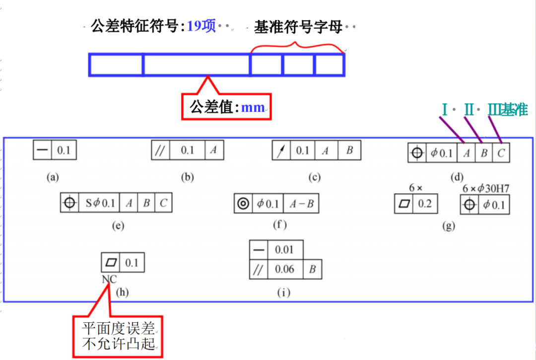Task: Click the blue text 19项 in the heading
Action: tap(201, 26)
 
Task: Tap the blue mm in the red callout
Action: tap(253, 107)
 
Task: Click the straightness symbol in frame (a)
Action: tap(42, 150)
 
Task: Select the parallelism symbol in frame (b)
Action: tap(160, 150)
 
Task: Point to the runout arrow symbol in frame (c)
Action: tap(281, 150)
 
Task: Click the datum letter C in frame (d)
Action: tap(501, 153)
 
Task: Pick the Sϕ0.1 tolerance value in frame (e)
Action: tap(100, 203)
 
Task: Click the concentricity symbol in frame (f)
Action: tap(243, 204)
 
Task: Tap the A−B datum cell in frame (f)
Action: tap(301, 204)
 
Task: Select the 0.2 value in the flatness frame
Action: tap(424, 204)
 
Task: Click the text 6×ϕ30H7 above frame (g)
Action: tap(485, 188)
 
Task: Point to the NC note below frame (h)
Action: tap(109, 280)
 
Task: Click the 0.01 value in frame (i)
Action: tap(284, 250)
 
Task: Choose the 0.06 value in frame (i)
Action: tap(284, 270)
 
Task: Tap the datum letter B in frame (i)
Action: tap(312, 270)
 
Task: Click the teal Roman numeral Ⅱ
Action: tap(469, 110)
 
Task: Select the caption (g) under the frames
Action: tap(448, 225)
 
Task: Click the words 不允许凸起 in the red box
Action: tap(118, 344)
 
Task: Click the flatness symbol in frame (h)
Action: tap(111, 262)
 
